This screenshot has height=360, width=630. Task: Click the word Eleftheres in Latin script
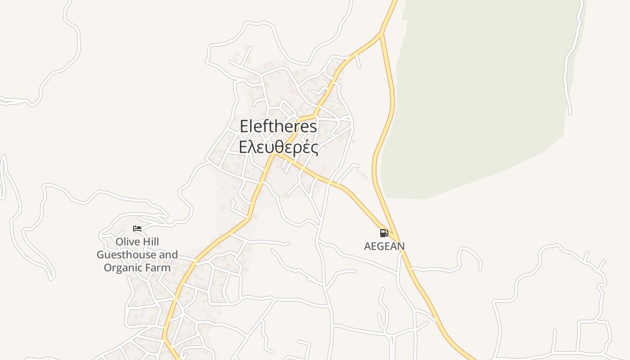pos(278,126)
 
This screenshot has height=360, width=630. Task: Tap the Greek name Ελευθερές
pos(278,148)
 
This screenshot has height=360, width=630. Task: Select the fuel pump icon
pos(384,233)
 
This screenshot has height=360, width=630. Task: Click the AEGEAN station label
pos(384,246)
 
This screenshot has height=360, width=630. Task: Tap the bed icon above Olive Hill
pos(137,229)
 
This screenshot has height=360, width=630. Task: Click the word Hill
pos(150,242)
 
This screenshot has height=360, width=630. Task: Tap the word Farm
pos(159,268)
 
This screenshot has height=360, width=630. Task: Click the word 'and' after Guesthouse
pos(168,255)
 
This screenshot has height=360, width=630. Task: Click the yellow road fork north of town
pos(381,33)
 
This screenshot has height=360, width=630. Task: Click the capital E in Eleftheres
pos(244,126)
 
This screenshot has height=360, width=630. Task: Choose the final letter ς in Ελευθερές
pos(314,148)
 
